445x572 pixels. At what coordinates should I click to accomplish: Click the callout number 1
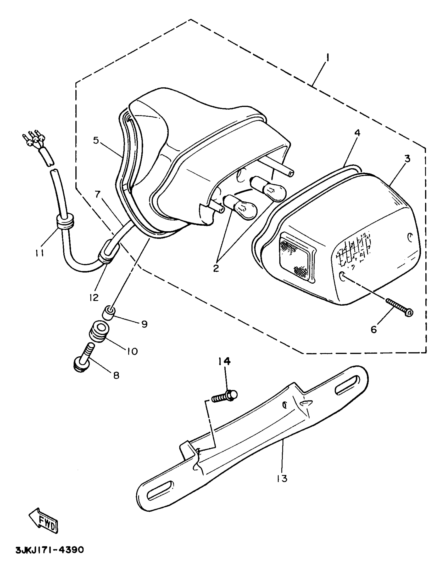point(327,58)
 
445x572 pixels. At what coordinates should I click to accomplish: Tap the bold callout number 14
point(225,362)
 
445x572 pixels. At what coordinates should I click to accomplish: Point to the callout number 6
point(374,329)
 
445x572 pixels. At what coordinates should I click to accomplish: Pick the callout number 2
point(216,268)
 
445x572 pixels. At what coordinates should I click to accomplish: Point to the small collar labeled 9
point(109,314)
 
